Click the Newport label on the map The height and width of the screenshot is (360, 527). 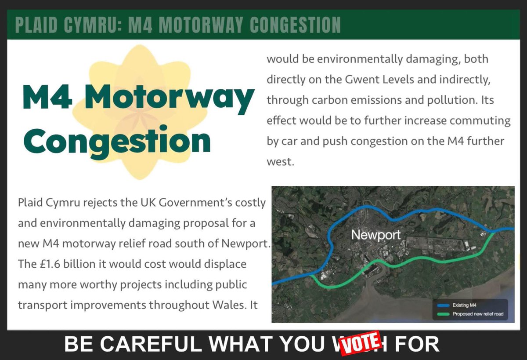375,235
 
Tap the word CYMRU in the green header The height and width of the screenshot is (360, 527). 88,25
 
